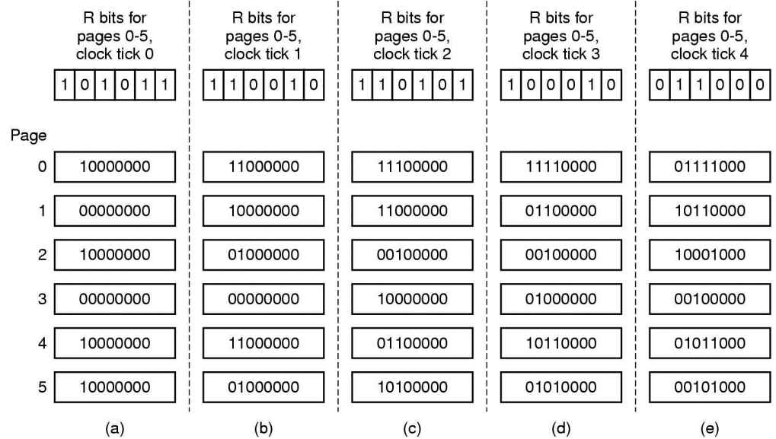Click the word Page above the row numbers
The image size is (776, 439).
pyautogui.click(x=28, y=135)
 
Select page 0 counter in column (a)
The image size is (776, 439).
pyautogui.click(x=115, y=167)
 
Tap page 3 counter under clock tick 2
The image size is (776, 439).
pyautogui.click(x=412, y=299)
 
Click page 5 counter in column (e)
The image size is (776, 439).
pyautogui.click(x=710, y=387)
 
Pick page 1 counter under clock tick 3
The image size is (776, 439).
pyautogui.click(x=560, y=211)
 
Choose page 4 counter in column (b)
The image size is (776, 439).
pyautogui.click(x=263, y=343)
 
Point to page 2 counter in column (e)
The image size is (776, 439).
pyautogui.click(x=710, y=255)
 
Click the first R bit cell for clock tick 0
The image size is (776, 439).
pyautogui.click(x=64, y=85)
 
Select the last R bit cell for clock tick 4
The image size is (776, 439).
pyautogui.click(x=760, y=85)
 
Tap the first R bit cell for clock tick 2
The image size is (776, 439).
pyautogui.click(x=362, y=85)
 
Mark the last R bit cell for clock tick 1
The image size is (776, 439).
pyautogui.click(x=314, y=85)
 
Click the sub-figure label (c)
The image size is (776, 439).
pyautogui.click(x=412, y=428)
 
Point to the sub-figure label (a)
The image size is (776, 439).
pyautogui.click(x=115, y=428)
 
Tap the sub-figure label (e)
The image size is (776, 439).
pyautogui.click(x=710, y=428)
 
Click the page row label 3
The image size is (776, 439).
pyautogui.click(x=42, y=299)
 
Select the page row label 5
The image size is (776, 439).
pyautogui.click(x=42, y=387)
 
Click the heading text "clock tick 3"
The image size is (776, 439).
pyautogui.click(x=560, y=54)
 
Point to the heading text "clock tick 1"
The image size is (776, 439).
pyautogui.click(x=263, y=54)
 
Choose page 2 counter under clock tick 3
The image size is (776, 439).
pyautogui.click(x=560, y=255)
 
